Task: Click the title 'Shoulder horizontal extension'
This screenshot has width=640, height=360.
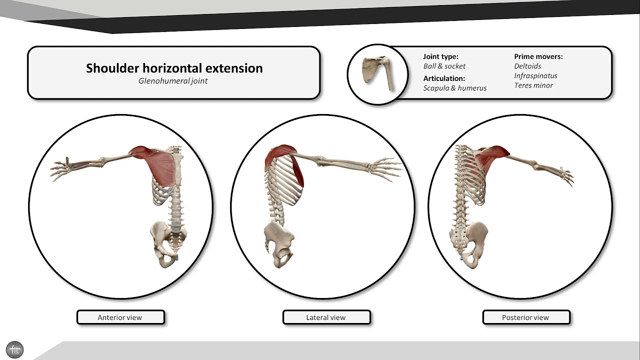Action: pos(174,68)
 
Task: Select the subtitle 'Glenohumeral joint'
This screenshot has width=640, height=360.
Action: pos(173,81)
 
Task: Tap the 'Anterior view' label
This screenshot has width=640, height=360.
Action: pos(120,317)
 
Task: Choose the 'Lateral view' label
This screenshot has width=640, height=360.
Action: pos(326,317)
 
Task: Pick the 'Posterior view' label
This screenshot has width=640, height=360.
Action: pos(525,317)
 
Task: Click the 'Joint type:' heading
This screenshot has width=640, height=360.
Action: pos(440,56)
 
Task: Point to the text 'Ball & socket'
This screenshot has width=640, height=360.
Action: pos(444,66)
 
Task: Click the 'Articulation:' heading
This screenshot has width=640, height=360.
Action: pos(444,78)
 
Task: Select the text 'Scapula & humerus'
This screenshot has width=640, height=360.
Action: pos(454,88)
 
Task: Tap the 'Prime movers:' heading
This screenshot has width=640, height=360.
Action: pos(538,56)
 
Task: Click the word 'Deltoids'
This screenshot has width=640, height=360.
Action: pos(527,66)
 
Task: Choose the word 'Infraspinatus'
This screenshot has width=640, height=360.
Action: pos(535,76)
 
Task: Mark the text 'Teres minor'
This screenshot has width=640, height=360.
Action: pos(533,85)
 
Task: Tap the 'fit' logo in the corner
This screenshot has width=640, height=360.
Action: pos(15,349)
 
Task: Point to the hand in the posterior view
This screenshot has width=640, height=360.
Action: pos(565,175)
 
